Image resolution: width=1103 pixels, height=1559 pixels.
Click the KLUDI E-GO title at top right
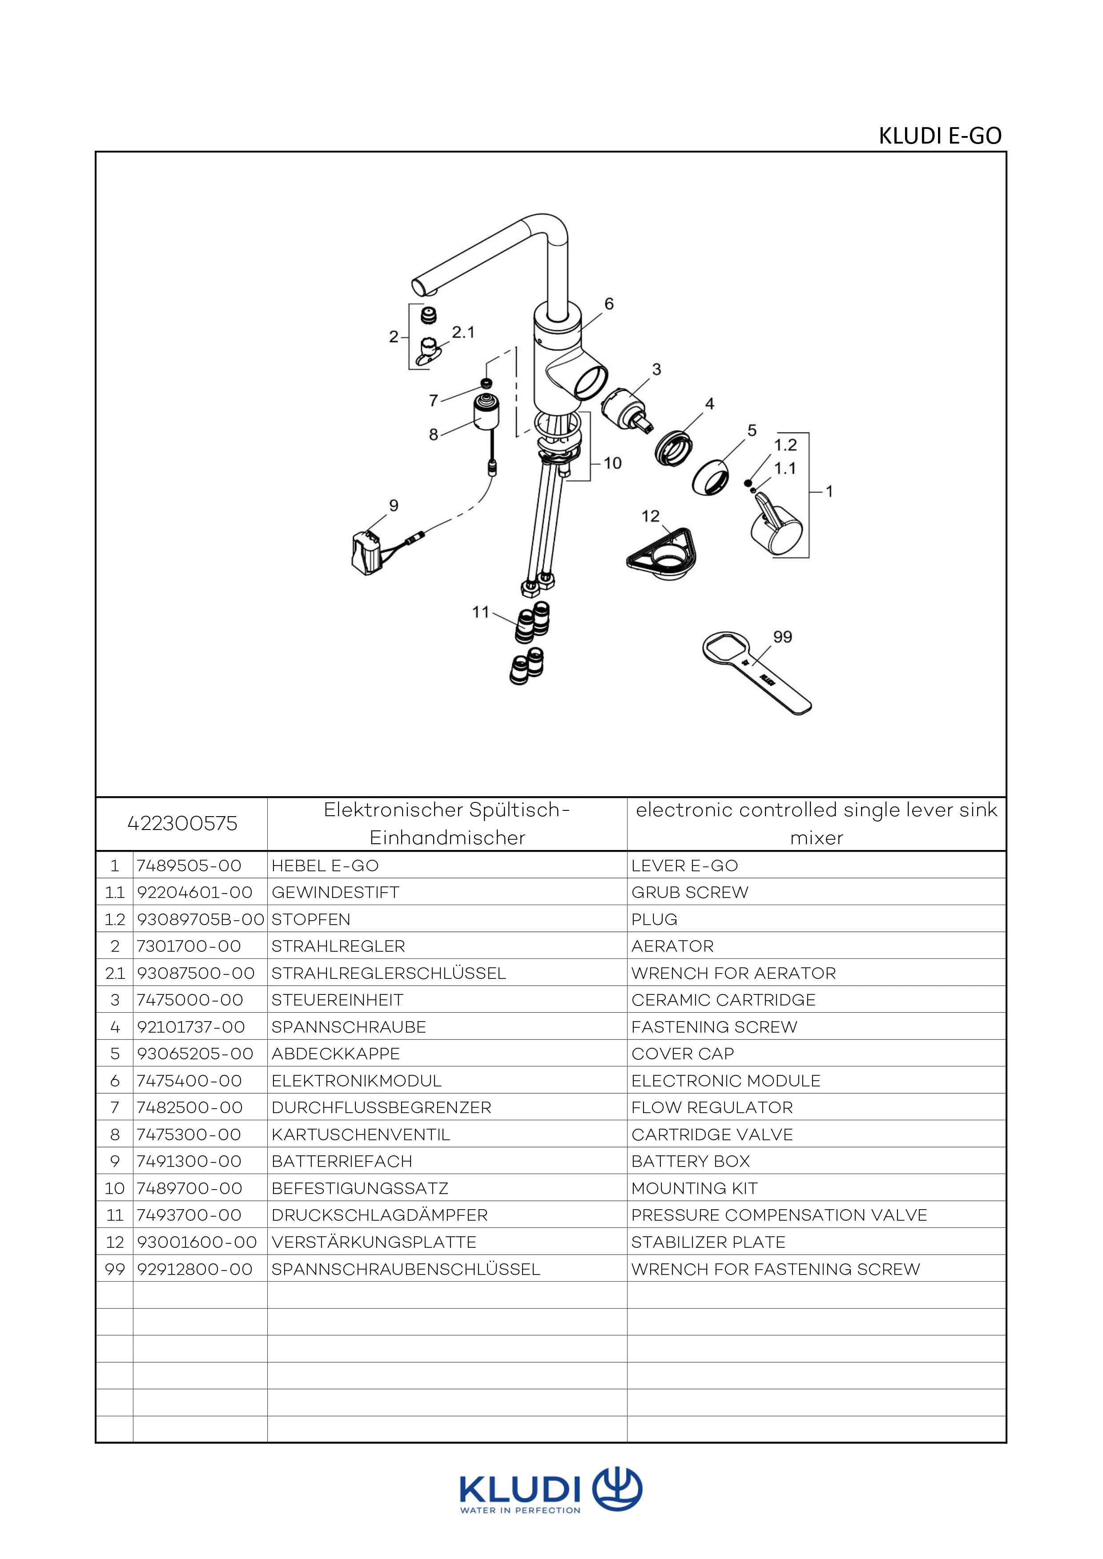point(939,136)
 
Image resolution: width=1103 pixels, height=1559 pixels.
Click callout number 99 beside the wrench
point(782,637)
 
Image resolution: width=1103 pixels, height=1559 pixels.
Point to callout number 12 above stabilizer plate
point(650,516)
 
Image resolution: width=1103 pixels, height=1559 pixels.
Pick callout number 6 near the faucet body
point(608,304)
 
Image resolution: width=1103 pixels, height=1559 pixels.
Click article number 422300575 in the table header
point(182,824)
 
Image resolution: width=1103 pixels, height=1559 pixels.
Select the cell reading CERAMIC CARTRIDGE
point(723,999)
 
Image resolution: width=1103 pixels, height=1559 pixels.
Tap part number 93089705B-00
point(200,919)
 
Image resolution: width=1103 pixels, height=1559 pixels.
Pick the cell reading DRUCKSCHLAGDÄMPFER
point(379,1215)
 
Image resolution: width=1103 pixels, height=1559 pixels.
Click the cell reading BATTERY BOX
point(690,1161)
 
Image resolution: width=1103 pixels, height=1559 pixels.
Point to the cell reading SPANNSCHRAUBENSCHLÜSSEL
point(406,1269)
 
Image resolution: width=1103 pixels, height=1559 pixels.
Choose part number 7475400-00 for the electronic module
point(189,1080)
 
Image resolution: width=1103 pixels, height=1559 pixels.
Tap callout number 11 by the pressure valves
point(481,613)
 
